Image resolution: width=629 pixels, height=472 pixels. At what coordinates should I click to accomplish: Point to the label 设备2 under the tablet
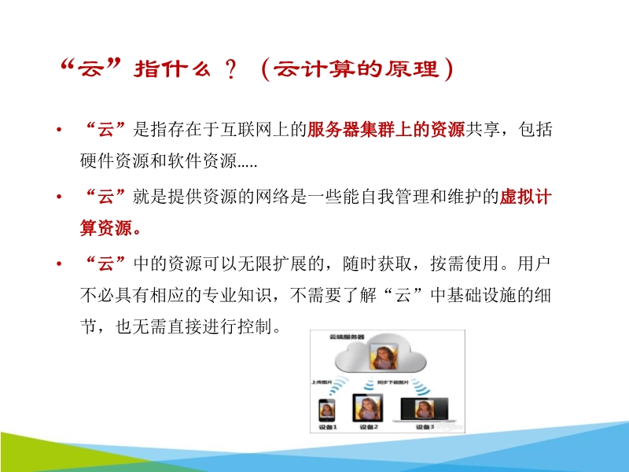[367, 427]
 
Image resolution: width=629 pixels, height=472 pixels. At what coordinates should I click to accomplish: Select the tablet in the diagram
[367, 407]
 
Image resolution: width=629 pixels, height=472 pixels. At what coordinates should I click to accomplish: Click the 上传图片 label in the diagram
[322, 381]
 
